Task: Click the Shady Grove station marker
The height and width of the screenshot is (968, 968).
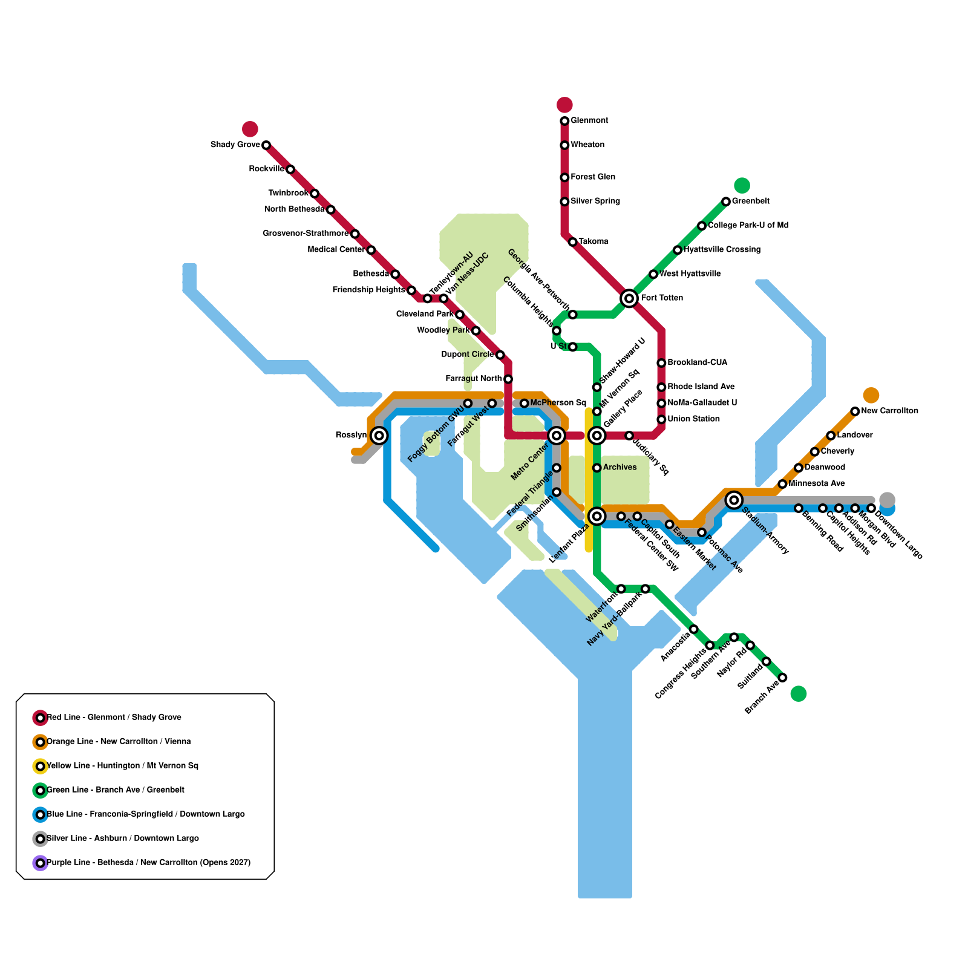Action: [x=266, y=145]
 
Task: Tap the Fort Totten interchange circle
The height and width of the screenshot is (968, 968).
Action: [x=629, y=298]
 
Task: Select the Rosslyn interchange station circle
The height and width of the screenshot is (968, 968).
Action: [x=379, y=435]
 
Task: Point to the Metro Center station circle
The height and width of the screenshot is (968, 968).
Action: [x=557, y=436]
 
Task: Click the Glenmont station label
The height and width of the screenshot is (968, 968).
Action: [x=589, y=121]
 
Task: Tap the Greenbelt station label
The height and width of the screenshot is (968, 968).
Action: [x=750, y=201]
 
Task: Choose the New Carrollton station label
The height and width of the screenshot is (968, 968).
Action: [x=889, y=411]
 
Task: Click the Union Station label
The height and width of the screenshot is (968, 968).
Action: [x=693, y=419]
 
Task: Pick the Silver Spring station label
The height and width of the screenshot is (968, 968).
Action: [x=595, y=201]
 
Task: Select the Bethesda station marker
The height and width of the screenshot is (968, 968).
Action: [x=395, y=274]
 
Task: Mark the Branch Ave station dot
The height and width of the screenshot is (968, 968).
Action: [x=782, y=678]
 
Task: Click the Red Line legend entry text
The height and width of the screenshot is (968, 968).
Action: [x=114, y=718]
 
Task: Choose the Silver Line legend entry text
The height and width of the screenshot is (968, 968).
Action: [x=123, y=839]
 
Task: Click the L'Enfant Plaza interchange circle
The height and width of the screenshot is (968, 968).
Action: [x=597, y=516]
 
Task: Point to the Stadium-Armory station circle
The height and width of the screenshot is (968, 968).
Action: [x=734, y=500]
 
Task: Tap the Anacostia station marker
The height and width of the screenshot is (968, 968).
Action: [x=694, y=629]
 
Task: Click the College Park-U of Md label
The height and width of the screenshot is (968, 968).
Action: [x=748, y=226]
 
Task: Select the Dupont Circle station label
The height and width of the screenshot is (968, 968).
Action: [x=467, y=355]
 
